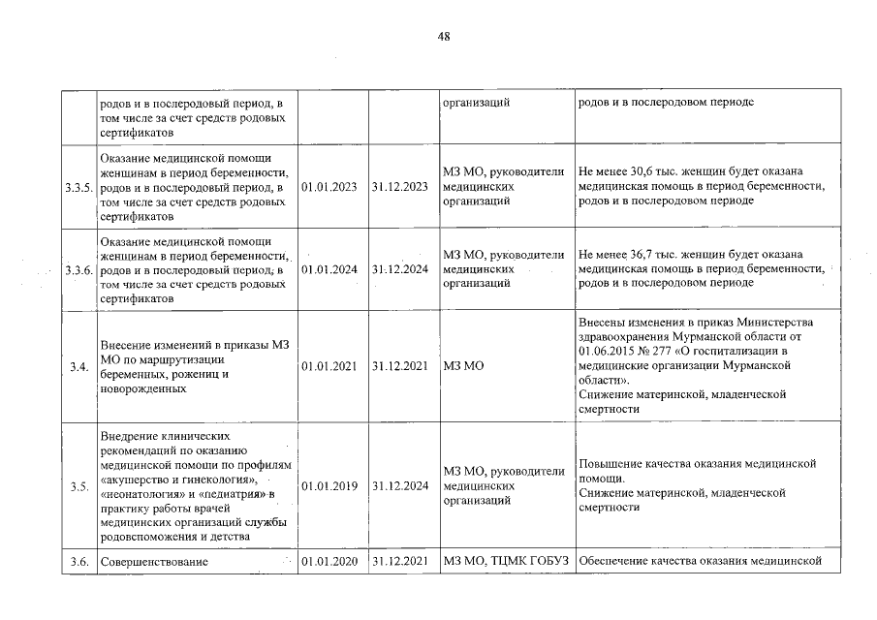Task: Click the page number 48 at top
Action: point(443,36)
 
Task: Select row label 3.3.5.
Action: point(78,187)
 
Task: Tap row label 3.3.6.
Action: point(78,269)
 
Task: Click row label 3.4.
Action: point(78,366)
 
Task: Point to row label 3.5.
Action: point(78,486)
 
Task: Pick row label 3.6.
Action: point(78,562)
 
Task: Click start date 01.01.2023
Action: point(329,187)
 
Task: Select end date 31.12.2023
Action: point(399,187)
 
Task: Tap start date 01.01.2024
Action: point(329,269)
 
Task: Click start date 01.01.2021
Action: point(329,366)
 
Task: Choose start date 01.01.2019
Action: point(329,486)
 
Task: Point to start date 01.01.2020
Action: point(329,562)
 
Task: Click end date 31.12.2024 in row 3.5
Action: point(399,486)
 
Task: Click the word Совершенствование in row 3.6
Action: point(153,562)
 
